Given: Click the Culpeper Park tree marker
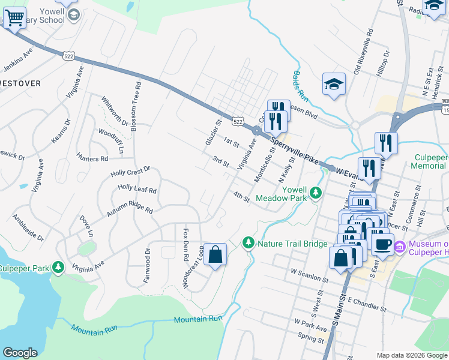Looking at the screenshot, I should (x=58, y=266).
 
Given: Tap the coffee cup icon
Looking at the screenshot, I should (x=383, y=244).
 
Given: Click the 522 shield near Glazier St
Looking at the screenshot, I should (x=238, y=121).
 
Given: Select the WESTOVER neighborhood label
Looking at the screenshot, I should (x=20, y=83).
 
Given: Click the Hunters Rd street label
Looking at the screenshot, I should (x=92, y=159).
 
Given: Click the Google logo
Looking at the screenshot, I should (x=20, y=353).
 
